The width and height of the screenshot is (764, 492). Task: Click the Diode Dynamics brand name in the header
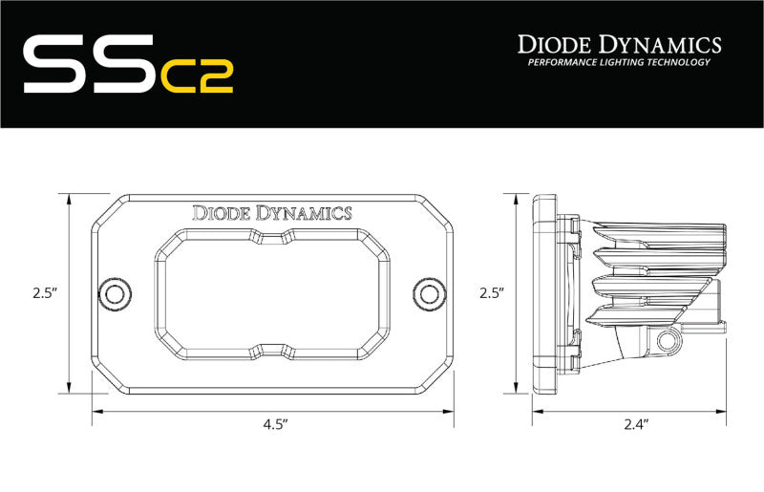(x=619, y=44)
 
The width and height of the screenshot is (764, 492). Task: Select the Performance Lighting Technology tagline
(x=619, y=63)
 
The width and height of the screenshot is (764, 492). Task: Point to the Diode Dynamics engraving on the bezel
(x=272, y=212)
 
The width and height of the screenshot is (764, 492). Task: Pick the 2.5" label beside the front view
(x=35, y=292)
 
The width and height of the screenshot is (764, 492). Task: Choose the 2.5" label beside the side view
(x=490, y=292)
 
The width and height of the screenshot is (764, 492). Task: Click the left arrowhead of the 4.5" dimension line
(x=96, y=412)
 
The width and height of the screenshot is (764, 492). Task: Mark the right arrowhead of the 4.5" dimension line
(x=448, y=412)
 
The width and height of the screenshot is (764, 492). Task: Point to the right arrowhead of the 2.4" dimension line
(x=725, y=412)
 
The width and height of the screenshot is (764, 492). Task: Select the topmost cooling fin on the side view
(x=649, y=232)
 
